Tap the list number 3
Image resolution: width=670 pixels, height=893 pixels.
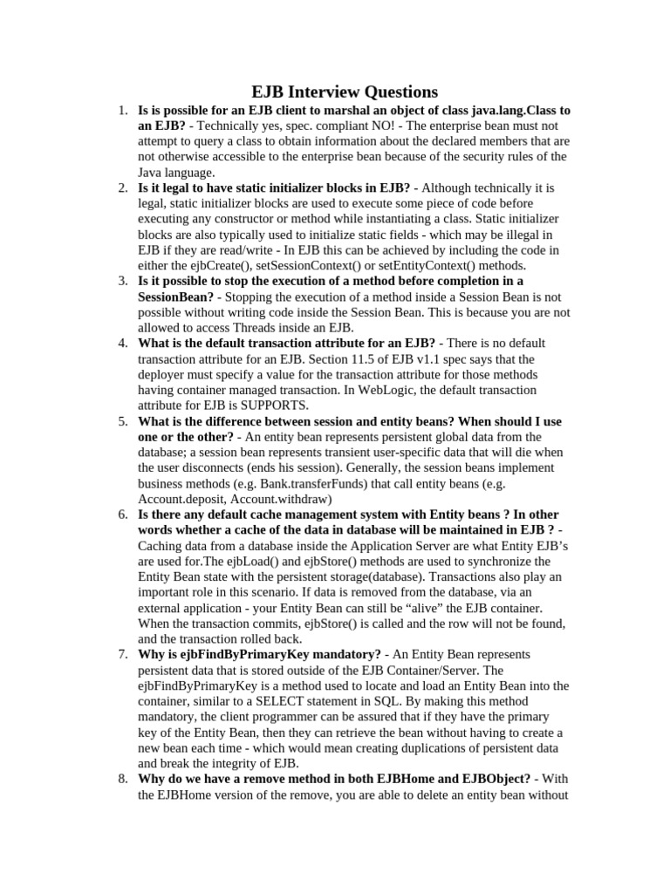coord(123,281)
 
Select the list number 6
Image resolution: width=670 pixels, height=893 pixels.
coord(123,515)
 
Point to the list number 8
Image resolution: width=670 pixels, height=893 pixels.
coord(123,779)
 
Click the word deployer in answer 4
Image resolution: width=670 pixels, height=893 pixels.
coord(166,374)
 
